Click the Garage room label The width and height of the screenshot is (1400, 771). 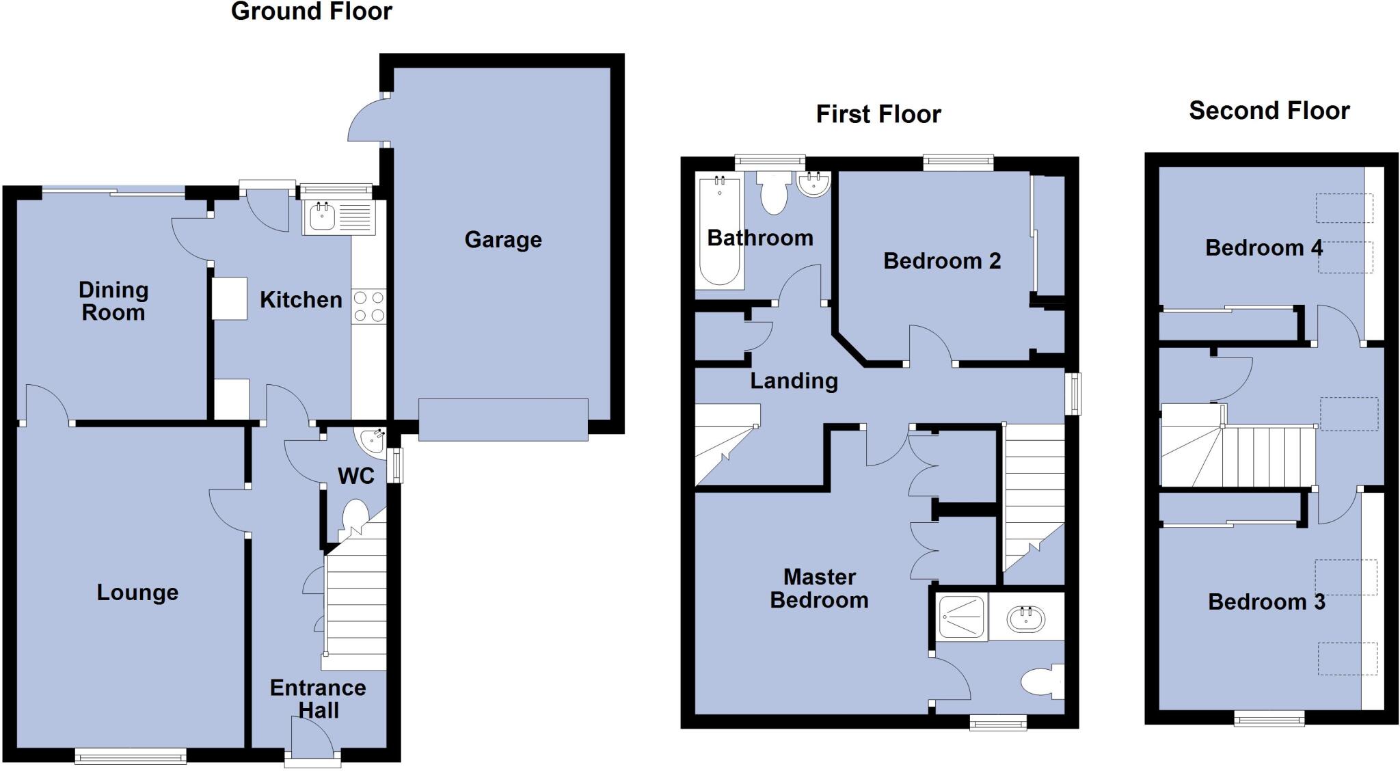(x=503, y=240)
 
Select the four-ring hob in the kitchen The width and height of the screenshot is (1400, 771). (x=368, y=306)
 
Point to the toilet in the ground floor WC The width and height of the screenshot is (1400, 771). (x=355, y=517)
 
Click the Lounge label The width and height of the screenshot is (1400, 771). (x=137, y=593)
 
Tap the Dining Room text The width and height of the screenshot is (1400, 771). (x=113, y=301)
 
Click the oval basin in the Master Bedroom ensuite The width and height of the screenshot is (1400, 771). (x=1026, y=619)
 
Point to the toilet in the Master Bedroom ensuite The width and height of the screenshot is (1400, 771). (x=1041, y=681)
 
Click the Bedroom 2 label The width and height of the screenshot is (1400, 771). (x=941, y=261)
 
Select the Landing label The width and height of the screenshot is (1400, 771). (x=794, y=381)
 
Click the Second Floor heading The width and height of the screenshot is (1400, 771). (x=1269, y=111)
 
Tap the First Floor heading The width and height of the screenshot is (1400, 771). (x=878, y=114)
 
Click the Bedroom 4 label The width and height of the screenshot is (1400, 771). (x=1263, y=248)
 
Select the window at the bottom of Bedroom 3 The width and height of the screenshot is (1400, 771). (x=1269, y=718)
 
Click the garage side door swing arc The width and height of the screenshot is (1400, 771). (x=364, y=122)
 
